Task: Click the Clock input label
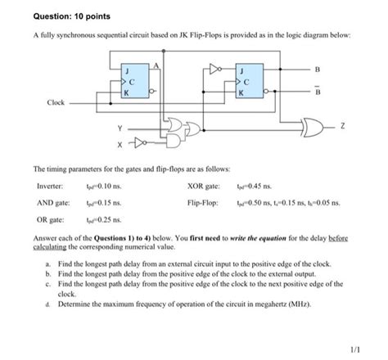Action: coord(56,104)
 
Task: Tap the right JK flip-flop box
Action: coord(247,83)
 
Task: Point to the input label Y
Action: coord(120,128)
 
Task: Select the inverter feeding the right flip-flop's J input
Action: coord(216,72)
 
